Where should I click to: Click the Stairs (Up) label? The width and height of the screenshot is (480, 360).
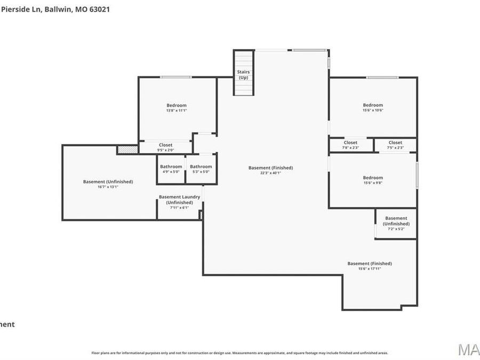pyautogui.click(x=243, y=75)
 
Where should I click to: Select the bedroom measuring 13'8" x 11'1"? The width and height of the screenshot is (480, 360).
pyautogui.click(x=177, y=108)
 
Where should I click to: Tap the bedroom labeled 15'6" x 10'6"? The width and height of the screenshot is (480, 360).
pyautogui.click(x=373, y=107)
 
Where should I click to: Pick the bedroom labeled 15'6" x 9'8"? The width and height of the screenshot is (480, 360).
pyautogui.click(x=372, y=180)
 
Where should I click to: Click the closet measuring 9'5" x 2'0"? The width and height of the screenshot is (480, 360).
pyautogui.click(x=165, y=147)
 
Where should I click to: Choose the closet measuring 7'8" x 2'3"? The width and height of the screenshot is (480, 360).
pyautogui.click(x=350, y=145)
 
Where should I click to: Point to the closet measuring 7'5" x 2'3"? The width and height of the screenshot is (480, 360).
pyautogui.click(x=395, y=145)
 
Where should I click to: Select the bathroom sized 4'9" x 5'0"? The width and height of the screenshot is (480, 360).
pyautogui.click(x=171, y=169)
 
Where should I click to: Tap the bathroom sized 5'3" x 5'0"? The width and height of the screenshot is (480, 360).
pyautogui.click(x=201, y=169)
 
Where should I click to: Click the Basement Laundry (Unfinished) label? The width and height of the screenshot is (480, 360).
pyautogui.click(x=179, y=202)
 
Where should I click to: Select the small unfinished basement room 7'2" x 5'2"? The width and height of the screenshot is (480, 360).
pyautogui.click(x=396, y=223)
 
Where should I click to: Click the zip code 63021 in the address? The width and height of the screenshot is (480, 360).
pyautogui.click(x=100, y=9)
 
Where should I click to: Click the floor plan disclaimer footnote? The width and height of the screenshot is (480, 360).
pyautogui.click(x=239, y=353)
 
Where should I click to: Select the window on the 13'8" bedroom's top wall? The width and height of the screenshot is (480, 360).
pyautogui.click(x=176, y=77)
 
